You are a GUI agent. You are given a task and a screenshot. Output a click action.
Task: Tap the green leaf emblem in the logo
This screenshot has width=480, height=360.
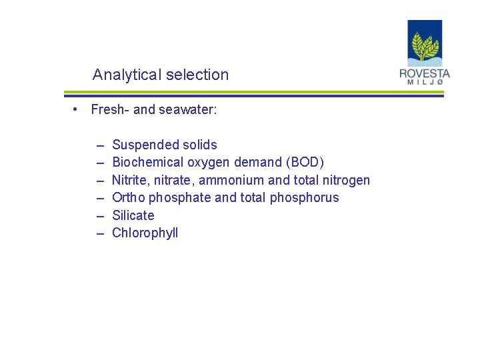425,47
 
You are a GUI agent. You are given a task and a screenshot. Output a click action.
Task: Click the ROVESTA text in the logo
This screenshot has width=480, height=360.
425,73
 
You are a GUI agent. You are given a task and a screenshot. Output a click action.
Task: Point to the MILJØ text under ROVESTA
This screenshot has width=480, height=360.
425,83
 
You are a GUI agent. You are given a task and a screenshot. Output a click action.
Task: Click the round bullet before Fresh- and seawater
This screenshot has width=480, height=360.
78,109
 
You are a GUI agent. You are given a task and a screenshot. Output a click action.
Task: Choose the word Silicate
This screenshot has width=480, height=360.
133,215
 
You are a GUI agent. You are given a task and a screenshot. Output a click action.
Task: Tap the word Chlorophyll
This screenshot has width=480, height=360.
145,233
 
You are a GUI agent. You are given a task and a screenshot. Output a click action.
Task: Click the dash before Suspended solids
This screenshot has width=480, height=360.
99,145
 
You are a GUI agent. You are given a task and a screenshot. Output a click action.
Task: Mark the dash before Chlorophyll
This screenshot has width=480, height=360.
99,233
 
